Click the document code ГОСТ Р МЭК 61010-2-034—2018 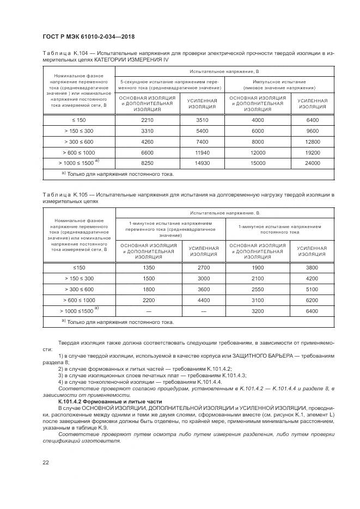coord(88,36)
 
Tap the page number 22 coord(45,463)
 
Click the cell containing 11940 coord(202,152)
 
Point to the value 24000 coord(313,163)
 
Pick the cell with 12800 coord(313,142)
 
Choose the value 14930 coord(202,163)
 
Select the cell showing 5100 coord(312,289)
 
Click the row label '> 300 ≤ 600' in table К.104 coord(78,142)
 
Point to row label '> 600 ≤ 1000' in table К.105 coord(78,300)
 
